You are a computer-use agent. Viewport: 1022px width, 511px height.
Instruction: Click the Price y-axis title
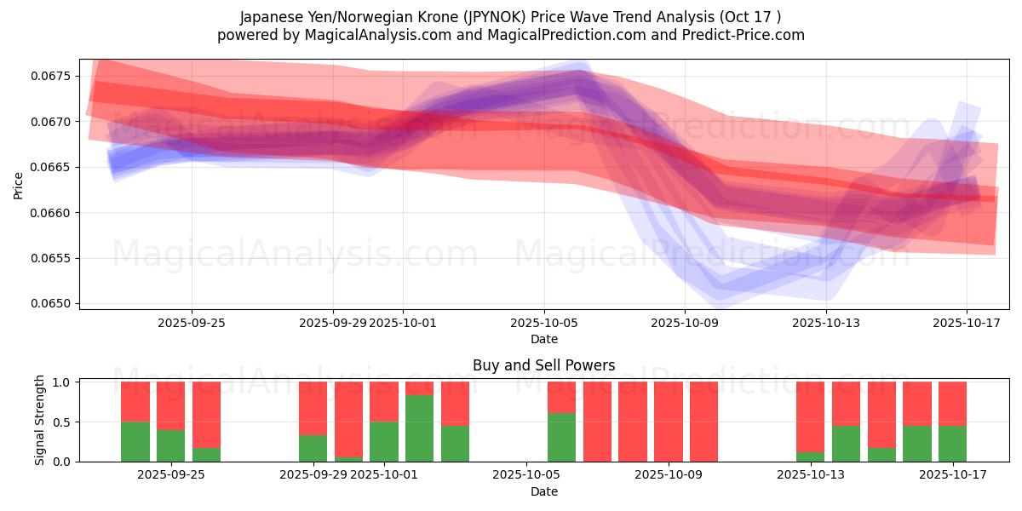[x=18, y=185]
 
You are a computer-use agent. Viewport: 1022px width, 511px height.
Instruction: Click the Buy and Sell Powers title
[x=543, y=365]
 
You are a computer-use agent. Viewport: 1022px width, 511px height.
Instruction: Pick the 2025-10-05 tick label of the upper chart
[x=544, y=323]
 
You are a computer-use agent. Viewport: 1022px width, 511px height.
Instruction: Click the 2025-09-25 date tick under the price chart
[x=192, y=323]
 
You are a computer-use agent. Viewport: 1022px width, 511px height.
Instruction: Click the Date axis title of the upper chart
[x=543, y=339]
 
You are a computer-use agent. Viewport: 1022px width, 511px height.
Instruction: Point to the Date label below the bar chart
[x=543, y=491]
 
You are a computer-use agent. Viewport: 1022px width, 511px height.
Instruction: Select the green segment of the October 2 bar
[x=419, y=428]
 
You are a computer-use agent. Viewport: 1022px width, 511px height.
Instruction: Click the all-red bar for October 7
[x=597, y=422]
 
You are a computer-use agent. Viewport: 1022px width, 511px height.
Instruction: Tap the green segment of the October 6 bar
[x=561, y=437]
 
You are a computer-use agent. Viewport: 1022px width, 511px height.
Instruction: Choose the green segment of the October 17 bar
[x=952, y=444]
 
